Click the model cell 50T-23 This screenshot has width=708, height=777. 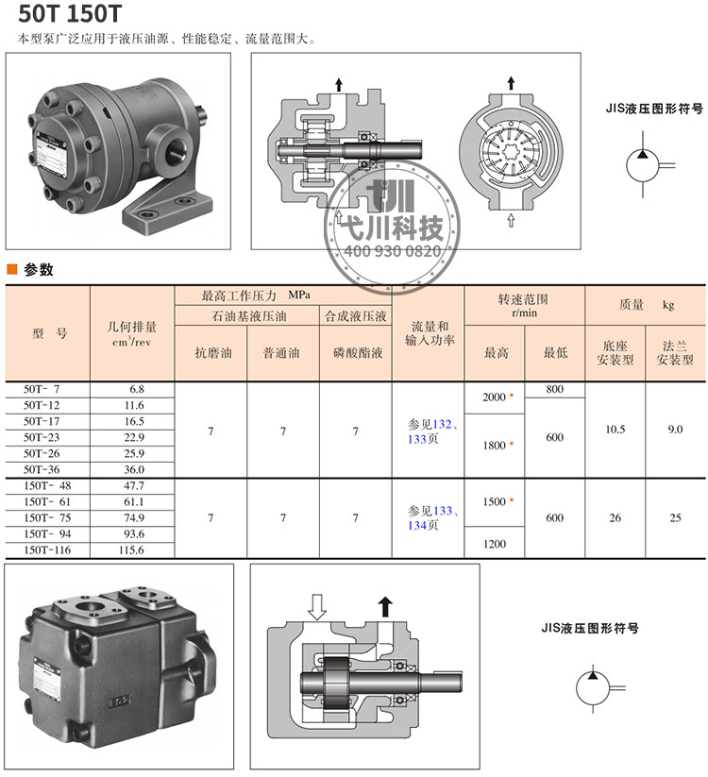[42, 437]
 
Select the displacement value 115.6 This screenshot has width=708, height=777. [131, 549]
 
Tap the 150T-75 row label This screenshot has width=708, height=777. [47, 517]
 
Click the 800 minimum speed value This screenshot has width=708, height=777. [555, 389]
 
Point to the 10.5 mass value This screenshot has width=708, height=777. [615, 430]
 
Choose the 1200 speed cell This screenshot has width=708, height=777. [495, 544]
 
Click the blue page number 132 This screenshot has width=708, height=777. [443, 424]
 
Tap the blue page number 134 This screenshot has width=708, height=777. [417, 525]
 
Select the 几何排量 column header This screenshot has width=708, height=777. [132, 327]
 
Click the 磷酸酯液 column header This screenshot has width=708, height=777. [358, 353]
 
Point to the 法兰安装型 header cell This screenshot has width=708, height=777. [675, 353]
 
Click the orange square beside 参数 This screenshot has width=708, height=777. [12, 269]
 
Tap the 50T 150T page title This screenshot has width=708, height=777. [70, 14]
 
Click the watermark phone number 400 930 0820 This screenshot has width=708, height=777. [393, 251]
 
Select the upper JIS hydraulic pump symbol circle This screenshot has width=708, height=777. [643, 165]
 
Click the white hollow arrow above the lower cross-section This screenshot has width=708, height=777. [316, 607]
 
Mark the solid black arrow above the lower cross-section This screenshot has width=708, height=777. [385, 606]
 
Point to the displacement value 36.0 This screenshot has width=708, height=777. [134, 469]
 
